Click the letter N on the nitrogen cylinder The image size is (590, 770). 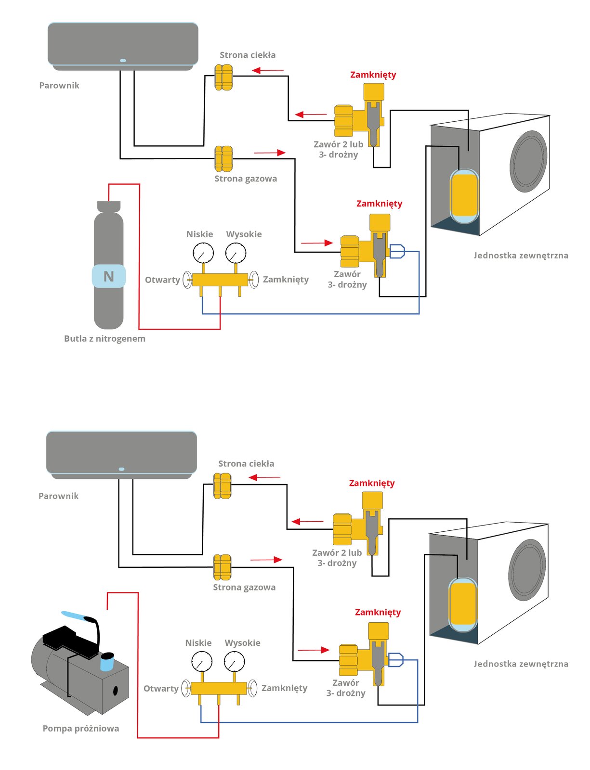pyautogui.click(x=108, y=276)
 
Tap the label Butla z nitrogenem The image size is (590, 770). pyautogui.click(x=105, y=338)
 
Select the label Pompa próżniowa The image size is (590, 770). pyautogui.click(x=81, y=729)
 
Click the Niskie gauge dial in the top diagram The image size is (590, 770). pyautogui.click(x=203, y=253)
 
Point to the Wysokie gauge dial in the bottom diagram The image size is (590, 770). pyautogui.click(x=234, y=661)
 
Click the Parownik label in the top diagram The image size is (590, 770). pyautogui.click(x=59, y=85)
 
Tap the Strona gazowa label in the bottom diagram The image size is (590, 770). pyautogui.click(x=244, y=587)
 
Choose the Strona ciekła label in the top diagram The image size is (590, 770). pyautogui.click(x=248, y=55)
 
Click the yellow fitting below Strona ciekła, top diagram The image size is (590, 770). pyautogui.click(x=223, y=77)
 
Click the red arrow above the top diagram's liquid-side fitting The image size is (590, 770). pyautogui.click(x=268, y=70)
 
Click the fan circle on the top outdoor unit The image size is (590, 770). pyautogui.click(x=528, y=162)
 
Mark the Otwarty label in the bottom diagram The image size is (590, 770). pyautogui.click(x=161, y=689)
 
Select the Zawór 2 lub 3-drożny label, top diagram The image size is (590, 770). pyautogui.click(x=338, y=150)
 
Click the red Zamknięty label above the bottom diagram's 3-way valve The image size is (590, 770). pyautogui.click(x=378, y=612)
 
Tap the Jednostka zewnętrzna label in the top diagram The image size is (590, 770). pyautogui.click(x=521, y=256)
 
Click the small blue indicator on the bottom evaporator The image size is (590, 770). pyautogui.click(x=122, y=469)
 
